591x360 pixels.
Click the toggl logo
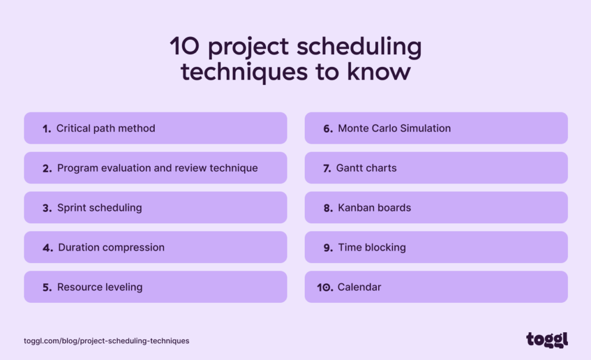click(547, 340)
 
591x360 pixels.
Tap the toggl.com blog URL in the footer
click(106, 341)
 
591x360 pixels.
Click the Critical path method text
click(106, 128)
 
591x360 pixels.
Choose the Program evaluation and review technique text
click(158, 168)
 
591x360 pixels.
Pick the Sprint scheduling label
click(99, 208)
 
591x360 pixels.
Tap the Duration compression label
click(111, 247)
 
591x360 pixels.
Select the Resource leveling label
click(100, 287)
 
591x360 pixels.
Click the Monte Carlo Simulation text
click(394, 128)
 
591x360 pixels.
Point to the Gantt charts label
click(366, 168)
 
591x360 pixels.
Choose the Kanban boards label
click(375, 208)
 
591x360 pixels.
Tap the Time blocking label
click(372, 247)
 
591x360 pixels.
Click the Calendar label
click(360, 287)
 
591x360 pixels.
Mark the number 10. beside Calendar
click(325, 287)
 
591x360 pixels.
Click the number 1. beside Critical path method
click(47, 129)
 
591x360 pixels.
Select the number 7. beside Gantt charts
click(326, 168)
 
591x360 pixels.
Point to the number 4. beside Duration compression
click(47, 248)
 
